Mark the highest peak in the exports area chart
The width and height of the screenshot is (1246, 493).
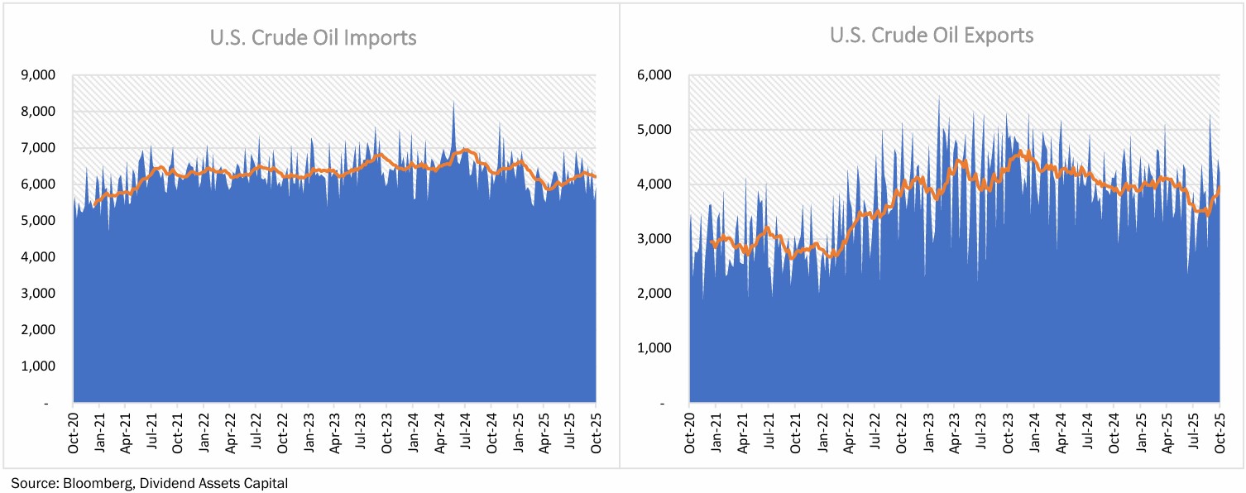pos(938,98)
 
